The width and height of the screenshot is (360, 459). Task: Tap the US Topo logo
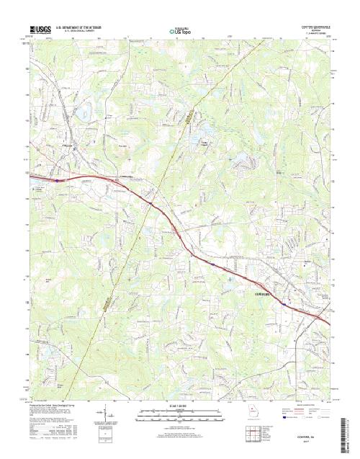181,32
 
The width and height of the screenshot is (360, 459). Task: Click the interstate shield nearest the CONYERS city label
284,304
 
